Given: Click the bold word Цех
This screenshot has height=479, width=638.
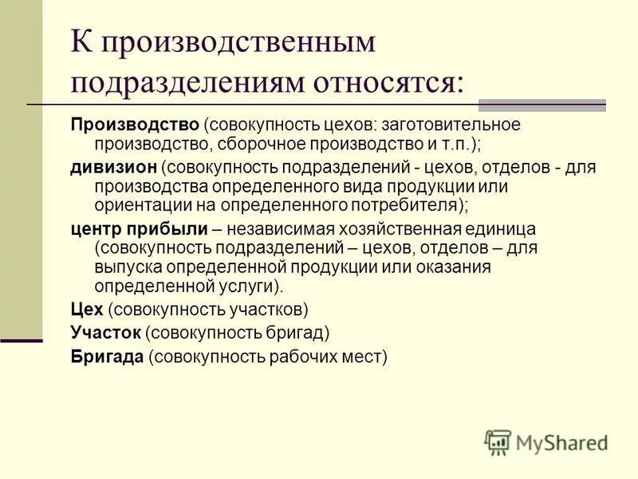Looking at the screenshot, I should [85, 309].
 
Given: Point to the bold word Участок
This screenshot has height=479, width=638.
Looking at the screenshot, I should [105, 332].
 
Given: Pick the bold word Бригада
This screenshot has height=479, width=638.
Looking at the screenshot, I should [106, 356].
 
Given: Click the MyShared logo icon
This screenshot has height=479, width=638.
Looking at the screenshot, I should [498, 442].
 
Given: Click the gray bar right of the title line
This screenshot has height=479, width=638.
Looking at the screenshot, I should [542, 105].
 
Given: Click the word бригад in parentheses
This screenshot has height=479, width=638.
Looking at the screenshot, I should [294, 332].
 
